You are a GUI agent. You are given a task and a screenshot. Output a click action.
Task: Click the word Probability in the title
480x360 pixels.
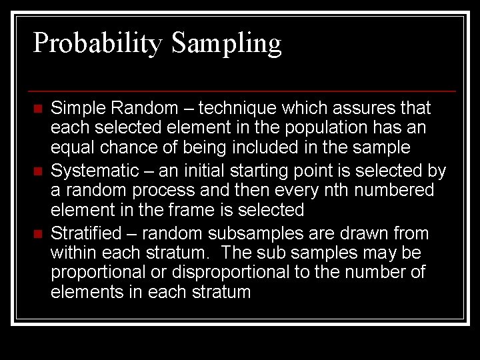(x=98, y=44)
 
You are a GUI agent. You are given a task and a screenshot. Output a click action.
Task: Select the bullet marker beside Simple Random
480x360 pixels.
(x=37, y=109)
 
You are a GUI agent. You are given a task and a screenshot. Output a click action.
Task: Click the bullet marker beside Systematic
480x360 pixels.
(x=37, y=172)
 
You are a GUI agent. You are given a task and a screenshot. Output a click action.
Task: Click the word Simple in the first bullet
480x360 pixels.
(x=75, y=108)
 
